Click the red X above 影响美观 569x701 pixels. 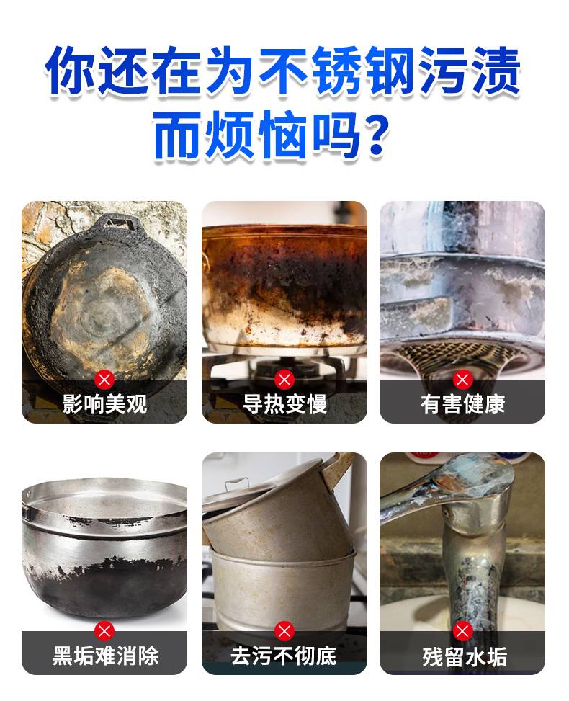104,380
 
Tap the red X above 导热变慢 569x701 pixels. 284,380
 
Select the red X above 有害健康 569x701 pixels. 462,380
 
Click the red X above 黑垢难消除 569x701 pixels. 104,631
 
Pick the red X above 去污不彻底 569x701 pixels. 284,631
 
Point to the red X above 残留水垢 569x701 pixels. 462,631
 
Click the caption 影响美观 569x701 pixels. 104,404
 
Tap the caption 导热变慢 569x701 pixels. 284,404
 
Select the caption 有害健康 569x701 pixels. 462,404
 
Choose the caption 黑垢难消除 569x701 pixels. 105,656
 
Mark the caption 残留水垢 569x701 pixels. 465,657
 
